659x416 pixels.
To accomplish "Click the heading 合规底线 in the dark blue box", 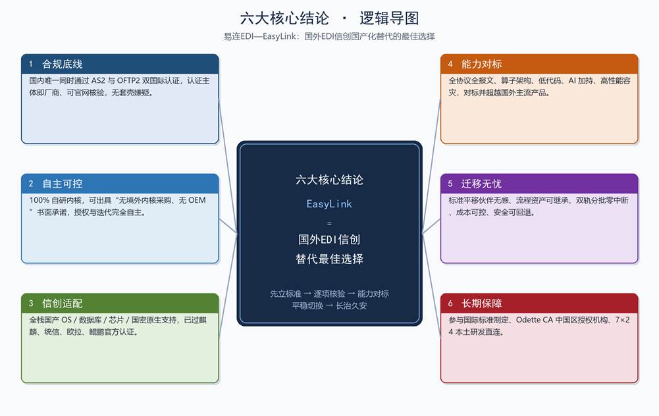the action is coord(62,65).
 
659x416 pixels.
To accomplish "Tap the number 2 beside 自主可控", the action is coord(31,184).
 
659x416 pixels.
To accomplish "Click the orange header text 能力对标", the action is coord(481,65).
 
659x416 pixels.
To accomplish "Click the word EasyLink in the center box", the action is coord(329,204).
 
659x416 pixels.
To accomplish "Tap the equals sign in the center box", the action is coord(329,224).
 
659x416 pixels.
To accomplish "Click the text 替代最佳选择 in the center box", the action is coord(329,259).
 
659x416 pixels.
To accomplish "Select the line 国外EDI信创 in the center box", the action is coord(329,240).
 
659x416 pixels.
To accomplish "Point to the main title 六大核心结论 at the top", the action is coord(284,18).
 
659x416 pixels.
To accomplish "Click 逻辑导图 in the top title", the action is coord(389,18).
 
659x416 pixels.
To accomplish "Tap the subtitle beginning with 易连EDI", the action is coord(329,37).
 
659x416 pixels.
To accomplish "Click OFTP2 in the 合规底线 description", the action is coord(128,80).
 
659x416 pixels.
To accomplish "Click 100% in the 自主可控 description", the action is coord(39,200).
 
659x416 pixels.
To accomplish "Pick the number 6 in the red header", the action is coord(450,303).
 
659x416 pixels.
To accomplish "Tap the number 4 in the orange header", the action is coord(450,65).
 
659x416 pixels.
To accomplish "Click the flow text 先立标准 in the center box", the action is coord(285,294).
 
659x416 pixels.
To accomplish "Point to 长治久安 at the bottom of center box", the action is coord(351,305).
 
